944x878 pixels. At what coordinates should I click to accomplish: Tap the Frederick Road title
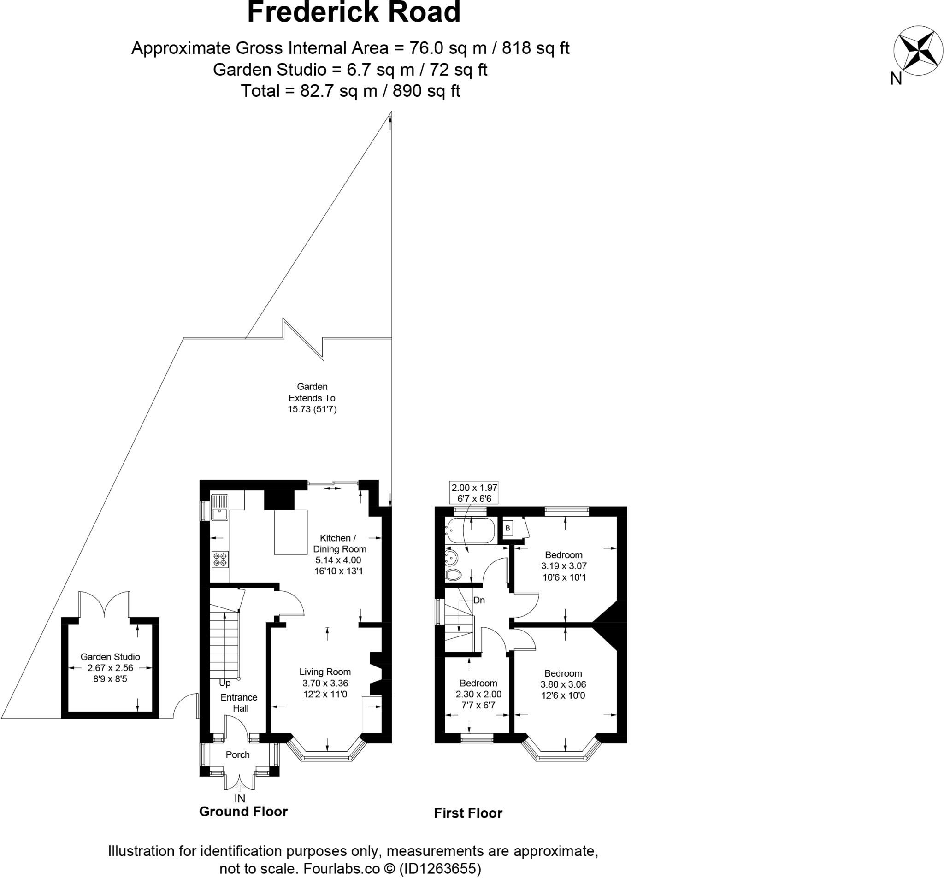[x=354, y=13]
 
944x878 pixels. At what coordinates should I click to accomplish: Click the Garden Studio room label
[x=110, y=657]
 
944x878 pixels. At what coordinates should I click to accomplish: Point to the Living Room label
[x=325, y=672]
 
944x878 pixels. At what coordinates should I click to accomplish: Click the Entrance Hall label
[x=239, y=703]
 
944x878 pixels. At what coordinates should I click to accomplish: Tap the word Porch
[x=237, y=754]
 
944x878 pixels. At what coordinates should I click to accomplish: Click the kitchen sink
[x=220, y=507]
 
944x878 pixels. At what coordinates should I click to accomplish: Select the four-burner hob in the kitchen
[x=220, y=559]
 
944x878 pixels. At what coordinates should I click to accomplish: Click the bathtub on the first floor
[x=470, y=530]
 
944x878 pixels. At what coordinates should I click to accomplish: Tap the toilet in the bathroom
[x=454, y=575]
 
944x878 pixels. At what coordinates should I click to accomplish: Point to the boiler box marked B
[x=507, y=528]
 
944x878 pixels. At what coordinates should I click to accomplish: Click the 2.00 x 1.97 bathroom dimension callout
[x=474, y=493]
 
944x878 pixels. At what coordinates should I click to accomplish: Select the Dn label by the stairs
[x=479, y=600]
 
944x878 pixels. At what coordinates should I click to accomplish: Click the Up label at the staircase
[x=224, y=684]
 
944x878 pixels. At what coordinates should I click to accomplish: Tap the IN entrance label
[x=240, y=799]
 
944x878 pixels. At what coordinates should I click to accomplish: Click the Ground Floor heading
[x=243, y=812]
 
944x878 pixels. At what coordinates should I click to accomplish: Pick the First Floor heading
[x=468, y=813]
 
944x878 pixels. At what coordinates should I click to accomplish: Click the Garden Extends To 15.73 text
[x=312, y=398]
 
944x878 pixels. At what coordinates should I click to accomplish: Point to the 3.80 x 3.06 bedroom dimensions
[x=563, y=684]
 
